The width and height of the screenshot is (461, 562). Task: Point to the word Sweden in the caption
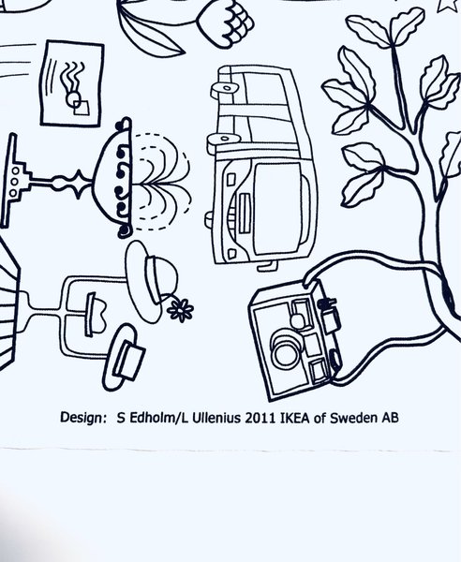click(356, 418)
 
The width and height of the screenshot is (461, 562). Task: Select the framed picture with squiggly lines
click(72, 81)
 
